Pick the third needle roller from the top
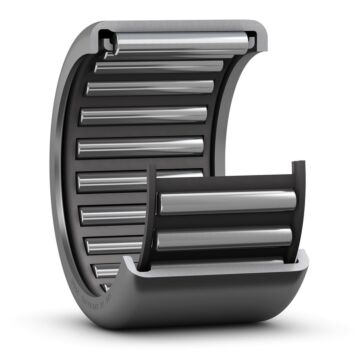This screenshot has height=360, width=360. (150, 89)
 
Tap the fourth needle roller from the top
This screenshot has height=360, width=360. (145, 117)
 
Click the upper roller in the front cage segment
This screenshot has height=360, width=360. (227, 201)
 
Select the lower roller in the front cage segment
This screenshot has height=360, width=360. (227, 239)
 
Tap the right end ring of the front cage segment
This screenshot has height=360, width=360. (298, 215)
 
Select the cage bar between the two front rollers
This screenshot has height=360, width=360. (227, 220)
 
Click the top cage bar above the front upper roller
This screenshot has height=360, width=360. (227, 183)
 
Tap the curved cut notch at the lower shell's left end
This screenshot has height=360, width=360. (126, 268)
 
